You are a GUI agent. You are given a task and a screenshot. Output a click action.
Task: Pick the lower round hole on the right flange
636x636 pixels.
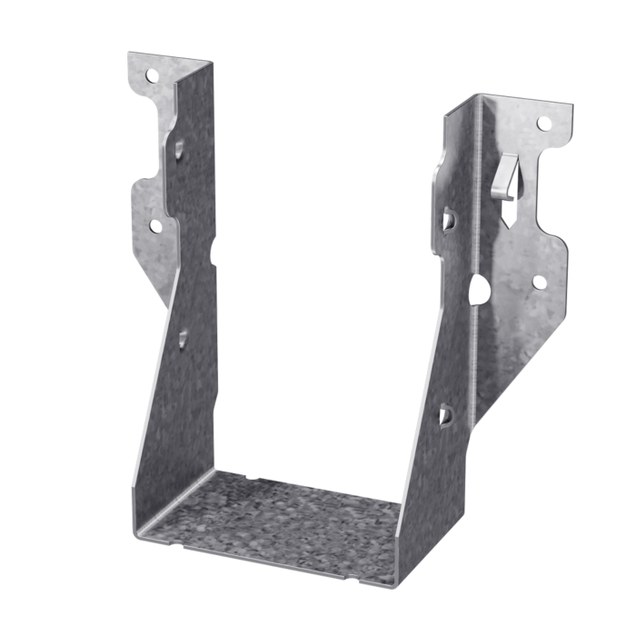[539, 283]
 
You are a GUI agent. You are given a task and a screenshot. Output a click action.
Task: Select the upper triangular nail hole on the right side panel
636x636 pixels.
[449, 219]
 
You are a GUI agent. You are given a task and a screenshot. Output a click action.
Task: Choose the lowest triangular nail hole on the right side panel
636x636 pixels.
[445, 414]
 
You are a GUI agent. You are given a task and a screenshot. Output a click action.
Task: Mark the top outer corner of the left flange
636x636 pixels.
[130, 55]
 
